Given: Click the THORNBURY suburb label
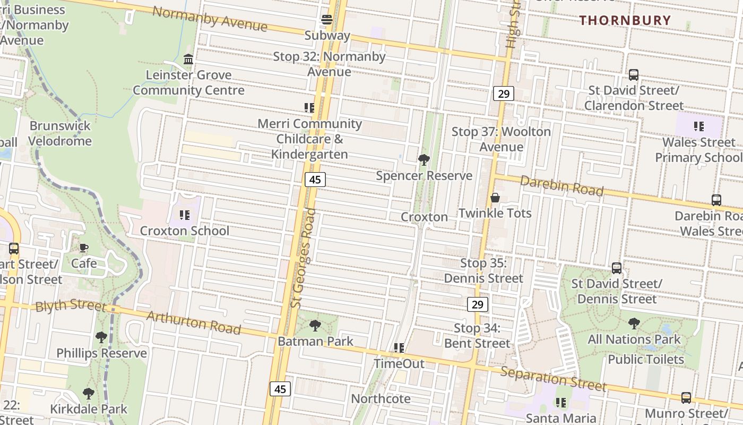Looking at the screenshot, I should (x=625, y=20).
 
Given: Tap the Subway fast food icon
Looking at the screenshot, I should (x=327, y=20).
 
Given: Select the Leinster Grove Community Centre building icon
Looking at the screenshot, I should (x=188, y=59).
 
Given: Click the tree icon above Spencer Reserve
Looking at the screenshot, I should (x=424, y=159).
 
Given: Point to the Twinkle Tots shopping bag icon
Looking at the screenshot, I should (x=495, y=198).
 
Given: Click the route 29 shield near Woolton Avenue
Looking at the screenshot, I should (x=504, y=94).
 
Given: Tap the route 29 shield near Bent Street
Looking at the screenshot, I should (x=478, y=304).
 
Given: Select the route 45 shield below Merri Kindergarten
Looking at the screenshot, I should (x=315, y=180).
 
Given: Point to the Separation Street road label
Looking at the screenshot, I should (x=553, y=378).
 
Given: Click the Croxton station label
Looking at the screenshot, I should (x=424, y=217).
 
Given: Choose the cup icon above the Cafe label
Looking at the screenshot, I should (x=84, y=248).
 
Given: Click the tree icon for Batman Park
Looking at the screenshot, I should (x=315, y=325).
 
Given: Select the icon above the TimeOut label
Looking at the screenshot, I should (x=399, y=348).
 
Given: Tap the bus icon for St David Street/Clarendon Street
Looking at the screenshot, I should (x=633, y=75).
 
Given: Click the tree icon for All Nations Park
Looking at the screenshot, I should (x=634, y=323).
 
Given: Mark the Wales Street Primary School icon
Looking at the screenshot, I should (x=698, y=126).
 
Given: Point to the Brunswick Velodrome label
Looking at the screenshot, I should (x=60, y=133).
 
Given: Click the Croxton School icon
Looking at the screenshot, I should (x=184, y=215).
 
